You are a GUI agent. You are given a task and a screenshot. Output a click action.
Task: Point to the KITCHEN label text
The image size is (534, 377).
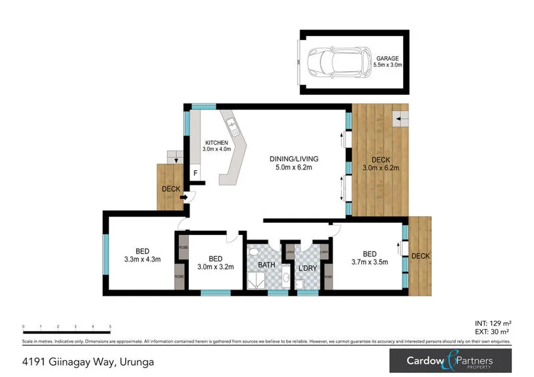(x=217, y=143)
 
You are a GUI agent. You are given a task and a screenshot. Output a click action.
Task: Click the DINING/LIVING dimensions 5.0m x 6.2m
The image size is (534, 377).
(x=294, y=167)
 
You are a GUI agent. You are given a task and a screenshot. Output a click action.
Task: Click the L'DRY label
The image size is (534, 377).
(x=307, y=268)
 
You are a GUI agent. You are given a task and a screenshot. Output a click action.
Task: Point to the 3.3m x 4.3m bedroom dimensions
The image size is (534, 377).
(x=142, y=260)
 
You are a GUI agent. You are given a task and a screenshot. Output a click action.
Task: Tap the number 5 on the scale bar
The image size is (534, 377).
(x=109, y=326)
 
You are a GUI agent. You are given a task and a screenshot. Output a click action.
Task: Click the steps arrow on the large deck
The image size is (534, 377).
(x=398, y=120)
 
